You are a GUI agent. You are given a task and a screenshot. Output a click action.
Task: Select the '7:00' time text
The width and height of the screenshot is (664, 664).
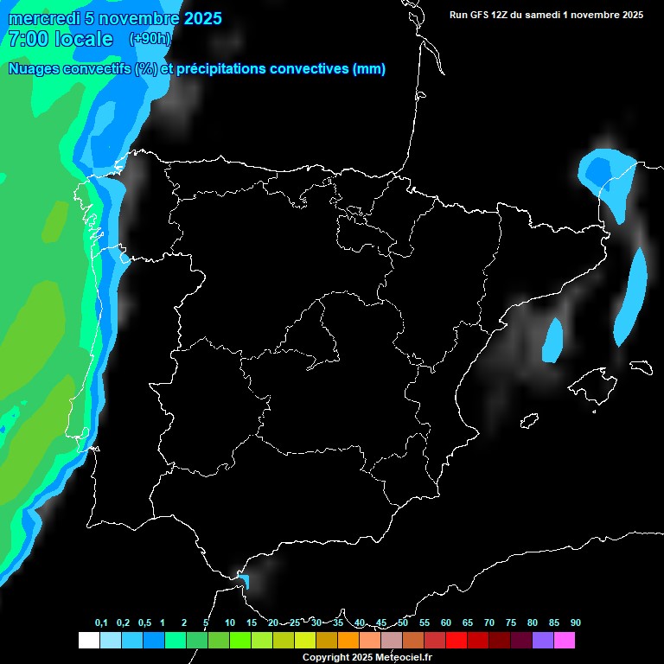pyautogui.click(x=29, y=40)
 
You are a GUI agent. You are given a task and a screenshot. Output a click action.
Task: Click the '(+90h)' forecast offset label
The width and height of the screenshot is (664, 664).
pyautogui.click(x=150, y=39)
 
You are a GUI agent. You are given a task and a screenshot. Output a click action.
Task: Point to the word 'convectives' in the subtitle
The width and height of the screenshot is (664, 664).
pyautogui.click(x=310, y=69)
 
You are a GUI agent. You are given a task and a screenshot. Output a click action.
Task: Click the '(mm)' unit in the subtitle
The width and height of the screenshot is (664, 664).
pyautogui.click(x=369, y=69)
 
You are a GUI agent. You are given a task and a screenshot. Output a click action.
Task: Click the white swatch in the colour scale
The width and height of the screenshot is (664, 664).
pyautogui.click(x=88, y=641)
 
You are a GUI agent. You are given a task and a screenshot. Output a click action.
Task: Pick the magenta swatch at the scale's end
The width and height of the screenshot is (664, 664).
pyautogui.click(x=565, y=641)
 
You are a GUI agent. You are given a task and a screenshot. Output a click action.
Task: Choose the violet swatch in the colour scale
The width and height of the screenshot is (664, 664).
pyautogui.click(x=543, y=641)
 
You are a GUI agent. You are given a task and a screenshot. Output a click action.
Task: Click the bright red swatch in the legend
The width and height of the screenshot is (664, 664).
pyautogui.click(x=456, y=641)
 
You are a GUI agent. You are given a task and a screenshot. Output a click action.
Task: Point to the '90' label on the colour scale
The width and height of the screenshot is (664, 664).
pyautogui.click(x=575, y=622)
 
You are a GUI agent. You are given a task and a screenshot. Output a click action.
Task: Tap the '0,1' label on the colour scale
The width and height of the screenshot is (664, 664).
pyautogui.click(x=101, y=622)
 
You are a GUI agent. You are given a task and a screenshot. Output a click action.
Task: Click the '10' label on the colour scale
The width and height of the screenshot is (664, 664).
pyautogui.click(x=229, y=622)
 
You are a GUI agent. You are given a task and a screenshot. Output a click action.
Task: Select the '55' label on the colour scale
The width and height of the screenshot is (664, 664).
pyautogui.click(x=424, y=622)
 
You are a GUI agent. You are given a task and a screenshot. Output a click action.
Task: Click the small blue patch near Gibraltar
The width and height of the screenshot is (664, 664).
pyautogui.click(x=244, y=581)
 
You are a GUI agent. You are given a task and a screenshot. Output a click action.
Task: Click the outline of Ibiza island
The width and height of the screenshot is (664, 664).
pyautogui.click(x=530, y=421)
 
